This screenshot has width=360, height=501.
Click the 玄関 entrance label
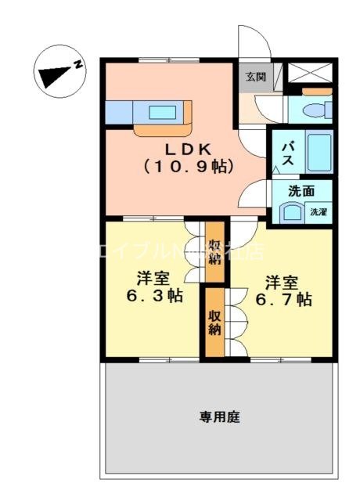pos(254,77)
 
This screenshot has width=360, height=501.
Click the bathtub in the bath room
pos(317,153)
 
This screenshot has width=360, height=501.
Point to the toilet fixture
pos(317,108)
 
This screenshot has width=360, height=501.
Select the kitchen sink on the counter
pos(163,111)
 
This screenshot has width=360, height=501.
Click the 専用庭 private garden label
pos(218,417)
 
